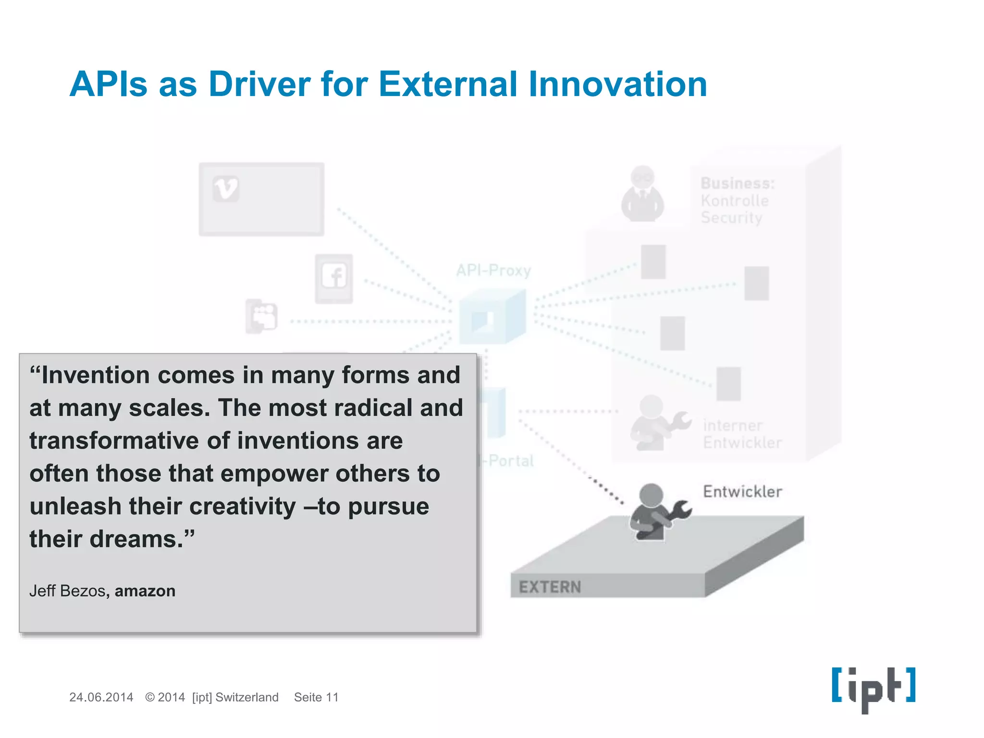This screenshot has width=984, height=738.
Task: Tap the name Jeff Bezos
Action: coord(67,591)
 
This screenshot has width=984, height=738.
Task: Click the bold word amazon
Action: coord(145,591)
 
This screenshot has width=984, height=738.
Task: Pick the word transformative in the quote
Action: coord(113,441)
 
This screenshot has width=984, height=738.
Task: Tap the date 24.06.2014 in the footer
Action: coord(101,697)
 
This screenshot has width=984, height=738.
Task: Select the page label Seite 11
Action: coord(316,697)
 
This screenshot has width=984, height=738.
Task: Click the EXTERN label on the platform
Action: coord(550,587)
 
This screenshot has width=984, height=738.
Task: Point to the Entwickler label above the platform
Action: coord(742,492)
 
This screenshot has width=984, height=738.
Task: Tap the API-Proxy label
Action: coord(493,271)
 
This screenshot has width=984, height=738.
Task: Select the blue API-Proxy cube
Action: coord(492,317)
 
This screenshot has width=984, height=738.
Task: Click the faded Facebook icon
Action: coord(334,278)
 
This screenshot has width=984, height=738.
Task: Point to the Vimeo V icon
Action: coord(226,188)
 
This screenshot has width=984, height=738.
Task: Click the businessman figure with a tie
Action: coord(642,195)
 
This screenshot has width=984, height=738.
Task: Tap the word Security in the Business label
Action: coord(731,218)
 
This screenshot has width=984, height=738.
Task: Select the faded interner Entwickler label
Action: coord(741,434)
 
